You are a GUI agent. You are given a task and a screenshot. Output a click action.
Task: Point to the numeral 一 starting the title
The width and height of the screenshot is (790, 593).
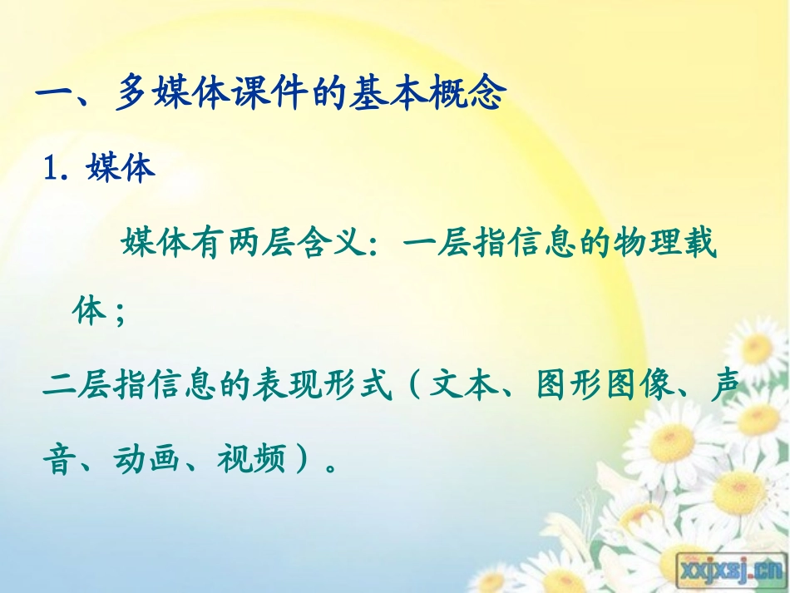[x=56, y=95]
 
